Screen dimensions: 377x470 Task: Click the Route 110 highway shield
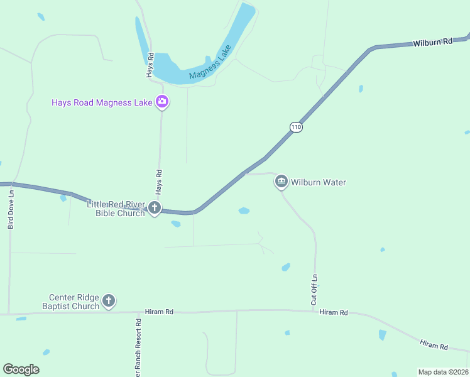(x=297, y=127)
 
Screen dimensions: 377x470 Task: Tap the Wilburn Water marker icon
(x=281, y=182)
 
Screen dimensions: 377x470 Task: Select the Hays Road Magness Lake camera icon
(x=162, y=102)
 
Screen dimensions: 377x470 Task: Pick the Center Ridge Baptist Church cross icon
(x=109, y=301)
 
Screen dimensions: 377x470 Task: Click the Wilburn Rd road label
(x=433, y=43)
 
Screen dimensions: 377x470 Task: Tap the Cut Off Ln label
(x=314, y=290)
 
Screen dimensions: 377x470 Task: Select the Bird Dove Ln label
(x=11, y=210)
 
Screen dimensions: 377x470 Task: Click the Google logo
(x=21, y=369)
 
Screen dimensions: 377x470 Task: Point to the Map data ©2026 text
(x=443, y=372)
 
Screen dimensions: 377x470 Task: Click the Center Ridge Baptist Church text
(x=75, y=302)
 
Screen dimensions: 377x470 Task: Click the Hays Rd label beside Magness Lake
(x=150, y=65)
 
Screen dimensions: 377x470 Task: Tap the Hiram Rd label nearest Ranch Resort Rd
(x=158, y=311)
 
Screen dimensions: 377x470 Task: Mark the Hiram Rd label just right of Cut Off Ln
(x=333, y=312)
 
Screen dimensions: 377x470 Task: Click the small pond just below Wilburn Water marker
(x=244, y=210)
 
